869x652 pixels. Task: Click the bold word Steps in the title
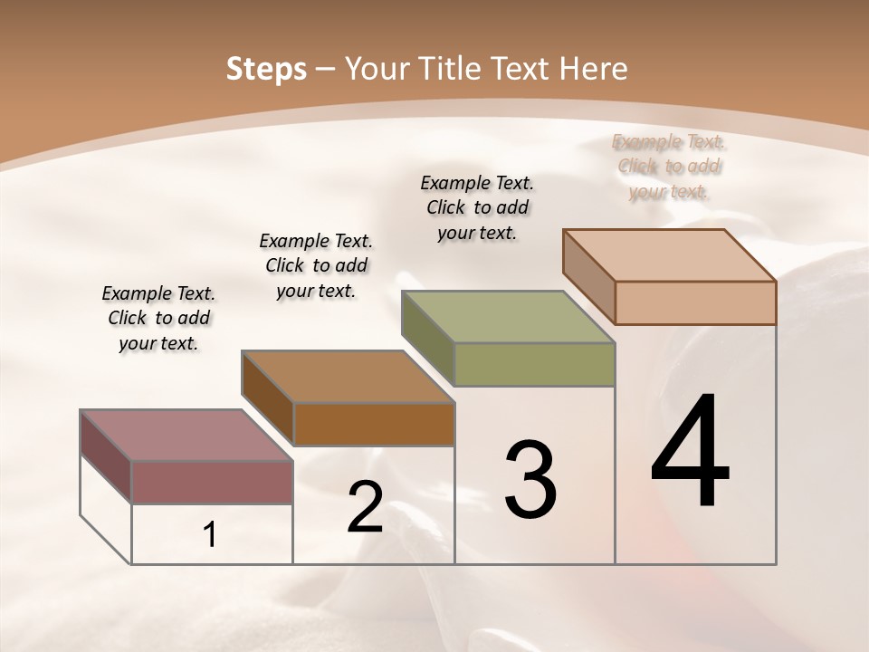tap(266, 69)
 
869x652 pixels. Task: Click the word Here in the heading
tap(592, 69)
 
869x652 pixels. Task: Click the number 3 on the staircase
tap(530, 479)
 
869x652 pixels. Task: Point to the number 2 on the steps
tap(365, 507)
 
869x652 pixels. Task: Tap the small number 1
tap(209, 535)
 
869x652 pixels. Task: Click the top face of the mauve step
tap(186, 436)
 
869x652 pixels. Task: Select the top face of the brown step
tap(348, 377)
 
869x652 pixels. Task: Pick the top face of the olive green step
tap(508, 317)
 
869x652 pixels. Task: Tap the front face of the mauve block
tap(212, 482)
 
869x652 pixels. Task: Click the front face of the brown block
tap(373, 424)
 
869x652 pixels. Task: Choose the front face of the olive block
tap(534, 364)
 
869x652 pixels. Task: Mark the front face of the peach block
tap(695, 302)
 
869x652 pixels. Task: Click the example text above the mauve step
tap(158, 318)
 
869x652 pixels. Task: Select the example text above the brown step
tap(316, 265)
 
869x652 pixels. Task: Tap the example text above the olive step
tap(477, 207)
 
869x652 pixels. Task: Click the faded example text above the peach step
tap(669, 167)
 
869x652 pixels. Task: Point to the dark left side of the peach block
tap(588, 275)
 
